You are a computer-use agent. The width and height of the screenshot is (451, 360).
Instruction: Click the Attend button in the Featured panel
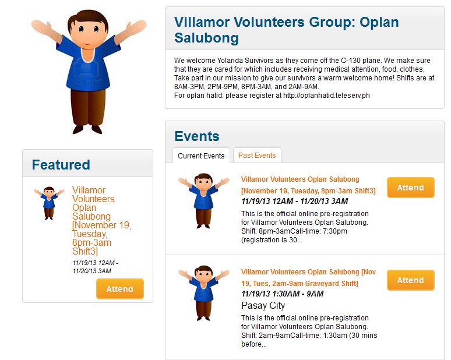click(120, 289)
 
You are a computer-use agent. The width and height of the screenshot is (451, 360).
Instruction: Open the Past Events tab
click(257, 156)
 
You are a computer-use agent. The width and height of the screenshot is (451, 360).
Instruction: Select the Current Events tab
click(201, 156)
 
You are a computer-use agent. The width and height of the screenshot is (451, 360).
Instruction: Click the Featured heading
click(61, 165)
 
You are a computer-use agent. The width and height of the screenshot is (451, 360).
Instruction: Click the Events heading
click(197, 136)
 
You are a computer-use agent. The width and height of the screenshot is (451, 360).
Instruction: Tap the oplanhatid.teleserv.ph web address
click(326, 96)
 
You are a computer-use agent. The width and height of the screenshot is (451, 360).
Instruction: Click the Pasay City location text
click(263, 305)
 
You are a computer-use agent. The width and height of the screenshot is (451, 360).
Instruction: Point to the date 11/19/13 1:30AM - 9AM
click(283, 294)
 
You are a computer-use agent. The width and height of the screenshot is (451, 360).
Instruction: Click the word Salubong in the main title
click(206, 38)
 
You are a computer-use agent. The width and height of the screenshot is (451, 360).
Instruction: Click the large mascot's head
click(88, 29)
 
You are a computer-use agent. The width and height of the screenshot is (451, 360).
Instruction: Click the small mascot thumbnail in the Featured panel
click(49, 203)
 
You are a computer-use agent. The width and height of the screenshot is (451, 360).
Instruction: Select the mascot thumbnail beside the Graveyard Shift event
click(203, 292)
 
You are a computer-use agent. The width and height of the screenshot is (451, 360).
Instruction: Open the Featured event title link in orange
click(101, 221)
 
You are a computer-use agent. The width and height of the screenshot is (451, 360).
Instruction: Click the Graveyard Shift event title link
click(308, 277)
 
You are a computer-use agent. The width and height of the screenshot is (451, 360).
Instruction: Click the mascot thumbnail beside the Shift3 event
click(203, 200)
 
